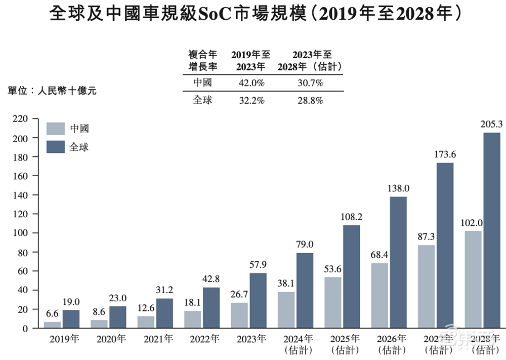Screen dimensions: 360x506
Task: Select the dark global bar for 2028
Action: click(491, 230)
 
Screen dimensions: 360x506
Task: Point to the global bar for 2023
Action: click(258, 300)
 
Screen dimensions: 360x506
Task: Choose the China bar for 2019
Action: click(52, 325)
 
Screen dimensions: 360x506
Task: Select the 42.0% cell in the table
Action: click(250, 83)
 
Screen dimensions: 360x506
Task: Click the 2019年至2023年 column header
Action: click(250, 60)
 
